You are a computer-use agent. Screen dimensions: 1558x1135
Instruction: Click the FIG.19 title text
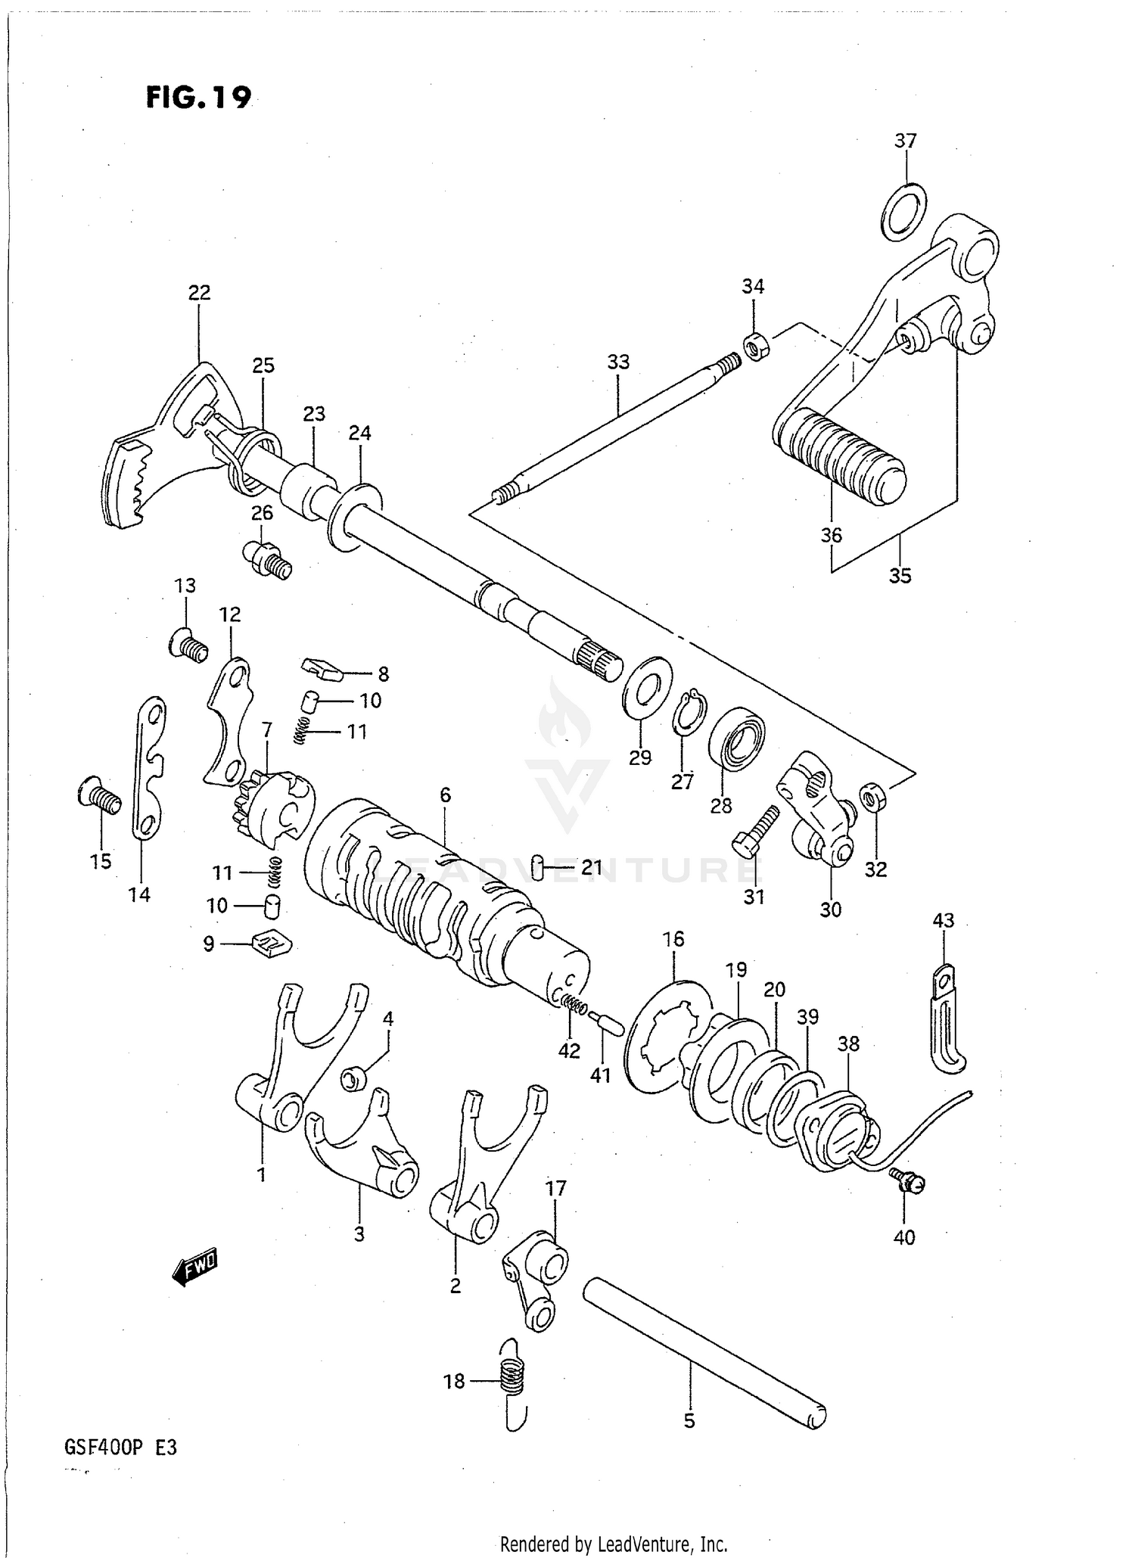pos(198,98)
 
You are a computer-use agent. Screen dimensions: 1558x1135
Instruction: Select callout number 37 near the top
pos(905,141)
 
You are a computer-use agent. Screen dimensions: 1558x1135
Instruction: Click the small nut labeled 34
pos(754,347)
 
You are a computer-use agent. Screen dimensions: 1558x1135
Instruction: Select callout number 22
pos(199,292)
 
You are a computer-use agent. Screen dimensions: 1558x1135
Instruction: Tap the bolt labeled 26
pos(269,560)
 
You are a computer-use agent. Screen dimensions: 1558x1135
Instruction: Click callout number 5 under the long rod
pos(689,1421)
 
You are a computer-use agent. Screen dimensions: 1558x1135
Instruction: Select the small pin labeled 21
pos(537,867)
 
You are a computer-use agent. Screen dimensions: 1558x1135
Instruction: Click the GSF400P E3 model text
pos(121,1448)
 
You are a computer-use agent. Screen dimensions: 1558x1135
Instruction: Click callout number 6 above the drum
pos(445,795)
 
